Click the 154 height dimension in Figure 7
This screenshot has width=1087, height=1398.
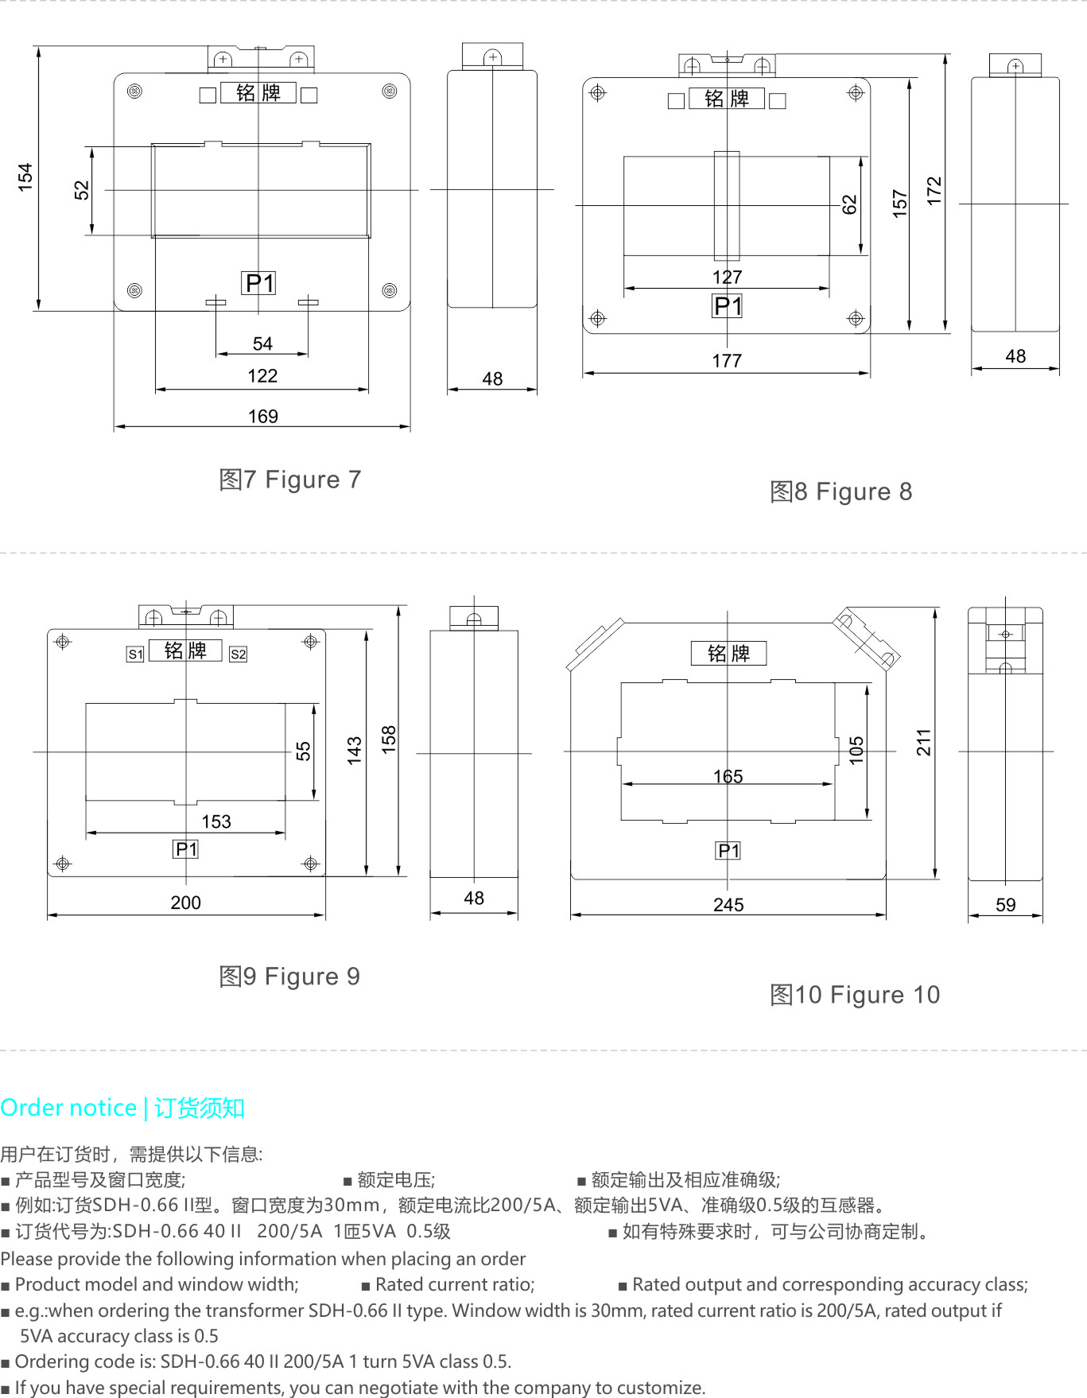pyautogui.click(x=25, y=177)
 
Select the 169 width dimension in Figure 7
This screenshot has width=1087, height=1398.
pyautogui.click(x=263, y=416)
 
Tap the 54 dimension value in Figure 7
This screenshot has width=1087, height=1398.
pyautogui.click(x=262, y=344)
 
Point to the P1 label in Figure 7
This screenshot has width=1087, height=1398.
pyautogui.click(x=258, y=283)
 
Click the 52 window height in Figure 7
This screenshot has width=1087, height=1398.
pyautogui.click(x=82, y=190)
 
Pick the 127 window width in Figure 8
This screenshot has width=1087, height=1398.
pyautogui.click(x=727, y=277)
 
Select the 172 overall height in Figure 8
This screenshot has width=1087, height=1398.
pyautogui.click(x=934, y=191)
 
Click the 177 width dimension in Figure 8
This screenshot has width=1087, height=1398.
pyautogui.click(x=727, y=361)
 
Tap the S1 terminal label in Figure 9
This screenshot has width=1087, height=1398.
pyautogui.click(x=135, y=654)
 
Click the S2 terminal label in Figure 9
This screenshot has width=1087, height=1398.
pyautogui.click(x=238, y=654)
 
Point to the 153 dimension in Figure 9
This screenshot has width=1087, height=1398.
pyautogui.click(x=216, y=821)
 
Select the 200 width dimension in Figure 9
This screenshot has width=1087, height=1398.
pyautogui.click(x=185, y=903)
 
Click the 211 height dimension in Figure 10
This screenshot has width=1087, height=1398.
pyautogui.click(x=923, y=742)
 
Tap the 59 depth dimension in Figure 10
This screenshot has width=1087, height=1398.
pyautogui.click(x=1006, y=905)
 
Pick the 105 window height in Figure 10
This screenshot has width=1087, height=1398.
pyautogui.click(x=856, y=751)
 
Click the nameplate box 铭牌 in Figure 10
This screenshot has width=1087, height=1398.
pyautogui.click(x=728, y=653)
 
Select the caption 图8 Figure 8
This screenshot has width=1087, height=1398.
pyautogui.click(x=840, y=491)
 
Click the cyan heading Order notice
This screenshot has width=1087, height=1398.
pyautogui.click(x=68, y=1108)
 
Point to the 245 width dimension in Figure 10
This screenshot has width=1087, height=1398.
pyautogui.click(x=728, y=905)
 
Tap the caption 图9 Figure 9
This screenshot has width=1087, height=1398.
pyautogui.click(x=289, y=977)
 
